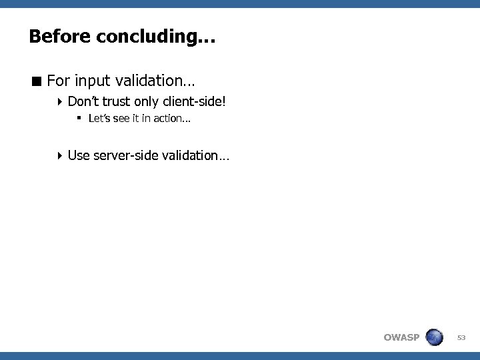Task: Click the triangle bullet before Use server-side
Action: pos(60,155)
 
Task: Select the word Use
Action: pos(78,155)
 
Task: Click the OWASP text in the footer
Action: pos(401,337)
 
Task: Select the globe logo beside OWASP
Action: pos(435,337)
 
